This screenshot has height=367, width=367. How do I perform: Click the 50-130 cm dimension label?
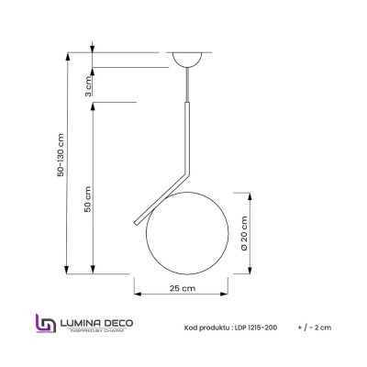[x=61, y=161]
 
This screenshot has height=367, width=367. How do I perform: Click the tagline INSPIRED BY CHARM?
[x=99, y=331]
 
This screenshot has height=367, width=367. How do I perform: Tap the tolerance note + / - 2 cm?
[x=315, y=327]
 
